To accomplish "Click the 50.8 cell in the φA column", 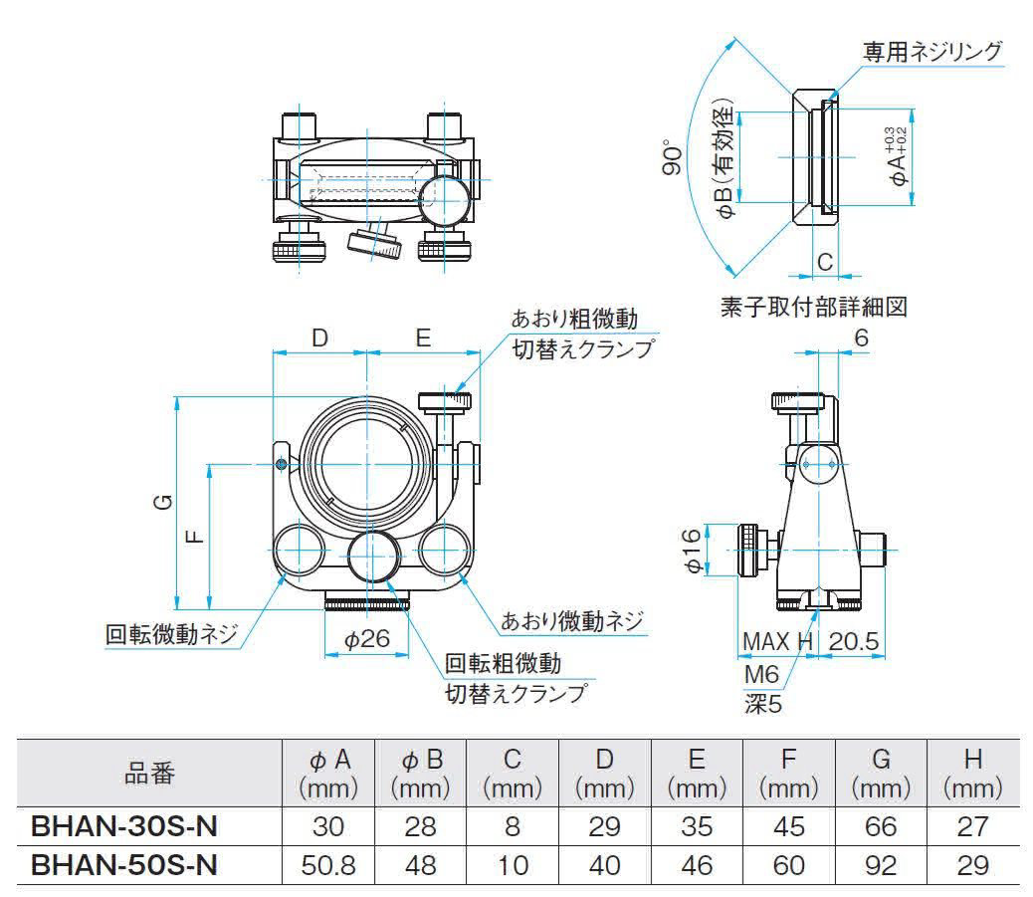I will click(328, 864).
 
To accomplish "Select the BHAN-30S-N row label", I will click(124, 826).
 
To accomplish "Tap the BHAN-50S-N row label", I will click(124, 864).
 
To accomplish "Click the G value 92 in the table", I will click(881, 864).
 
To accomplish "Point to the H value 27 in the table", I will click(973, 826).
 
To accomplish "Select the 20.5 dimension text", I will click(854, 642).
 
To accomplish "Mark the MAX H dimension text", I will click(777, 642).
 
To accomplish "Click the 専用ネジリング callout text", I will click(931, 52).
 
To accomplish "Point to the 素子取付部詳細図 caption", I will click(814, 306).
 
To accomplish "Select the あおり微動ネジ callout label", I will click(572, 622).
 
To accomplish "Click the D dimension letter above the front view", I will click(318, 337).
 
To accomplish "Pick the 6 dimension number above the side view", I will click(861, 337).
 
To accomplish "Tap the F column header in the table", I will click(788, 761).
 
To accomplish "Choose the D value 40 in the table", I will click(603, 864).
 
